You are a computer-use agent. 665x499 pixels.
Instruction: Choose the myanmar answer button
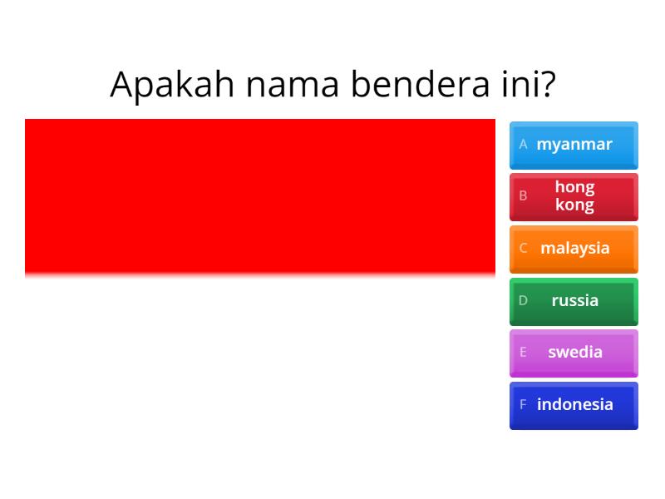click(x=574, y=145)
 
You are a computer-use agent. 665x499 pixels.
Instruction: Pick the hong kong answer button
click(x=574, y=196)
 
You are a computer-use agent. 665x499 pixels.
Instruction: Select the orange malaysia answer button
click(x=574, y=249)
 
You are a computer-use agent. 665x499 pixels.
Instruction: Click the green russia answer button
click(x=574, y=301)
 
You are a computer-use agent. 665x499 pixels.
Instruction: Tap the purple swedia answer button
click(x=574, y=353)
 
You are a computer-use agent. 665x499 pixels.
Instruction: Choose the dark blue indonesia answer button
click(x=574, y=405)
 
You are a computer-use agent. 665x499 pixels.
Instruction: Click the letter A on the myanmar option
click(x=523, y=144)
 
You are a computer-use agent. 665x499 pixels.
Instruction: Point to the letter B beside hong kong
click(x=523, y=196)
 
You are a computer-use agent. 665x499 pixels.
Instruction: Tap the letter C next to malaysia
click(x=523, y=248)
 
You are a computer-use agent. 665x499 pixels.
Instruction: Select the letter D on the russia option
click(x=523, y=300)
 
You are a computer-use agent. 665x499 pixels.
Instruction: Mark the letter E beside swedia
click(x=523, y=352)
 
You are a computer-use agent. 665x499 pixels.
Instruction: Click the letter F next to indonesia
click(x=523, y=404)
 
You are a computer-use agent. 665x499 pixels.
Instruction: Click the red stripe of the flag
click(x=259, y=195)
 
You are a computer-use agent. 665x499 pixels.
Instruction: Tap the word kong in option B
click(x=574, y=205)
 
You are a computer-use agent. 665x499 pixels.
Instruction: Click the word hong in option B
click(x=574, y=187)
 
